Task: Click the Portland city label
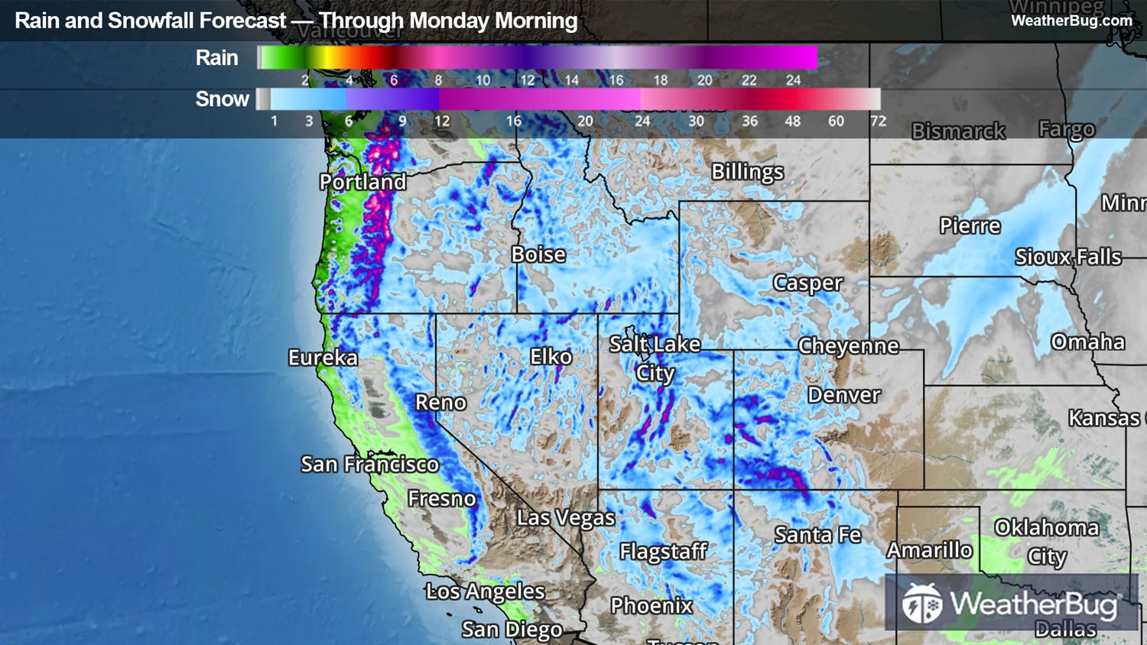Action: [362, 182]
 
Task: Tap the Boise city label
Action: [538, 254]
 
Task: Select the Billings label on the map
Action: [747, 172]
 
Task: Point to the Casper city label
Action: [807, 283]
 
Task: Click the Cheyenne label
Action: [848, 346]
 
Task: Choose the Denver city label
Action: [843, 395]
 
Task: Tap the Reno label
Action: [440, 403]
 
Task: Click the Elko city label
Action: [551, 357]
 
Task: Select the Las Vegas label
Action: [565, 518]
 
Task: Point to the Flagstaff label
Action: [662, 551]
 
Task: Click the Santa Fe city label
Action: [817, 535]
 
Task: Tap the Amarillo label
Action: [929, 550]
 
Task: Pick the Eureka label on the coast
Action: [323, 358]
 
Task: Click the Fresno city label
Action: [441, 499]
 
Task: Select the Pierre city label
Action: [970, 226]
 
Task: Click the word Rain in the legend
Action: [216, 58]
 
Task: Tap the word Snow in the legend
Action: [222, 99]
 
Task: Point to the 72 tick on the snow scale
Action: [878, 121]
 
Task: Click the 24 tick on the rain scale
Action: [793, 80]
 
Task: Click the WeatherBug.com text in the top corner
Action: [1071, 21]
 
